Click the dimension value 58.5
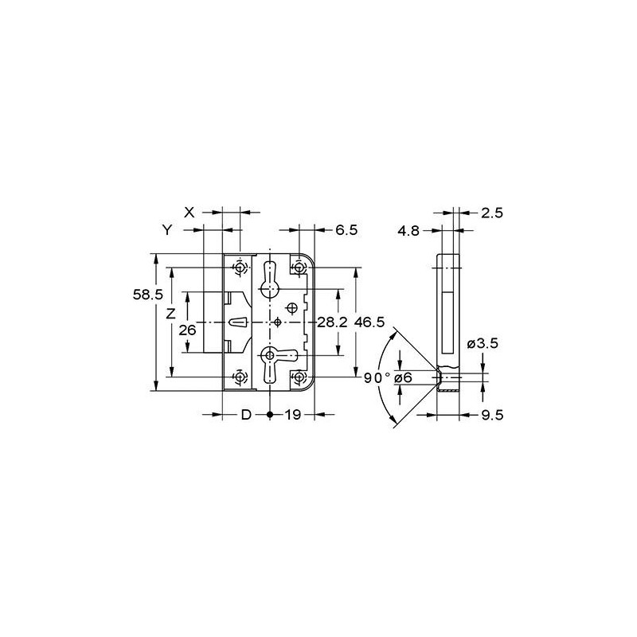pyautogui.click(x=147, y=295)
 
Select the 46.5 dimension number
pyautogui.click(x=369, y=322)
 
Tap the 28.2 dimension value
pyautogui.click(x=332, y=322)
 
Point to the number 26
pyautogui.click(x=188, y=330)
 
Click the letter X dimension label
pyautogui.click(x=190, y=212)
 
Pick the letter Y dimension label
pyautogui.click(x=167, y=230)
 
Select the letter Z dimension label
pyautogui.click(x=171, y=314)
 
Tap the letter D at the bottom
pyautogui.click(x=246, y=415)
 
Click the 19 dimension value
pyautogui.click(x=292, y=415)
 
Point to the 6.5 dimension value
pyautogui.click(x=346, y=230)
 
